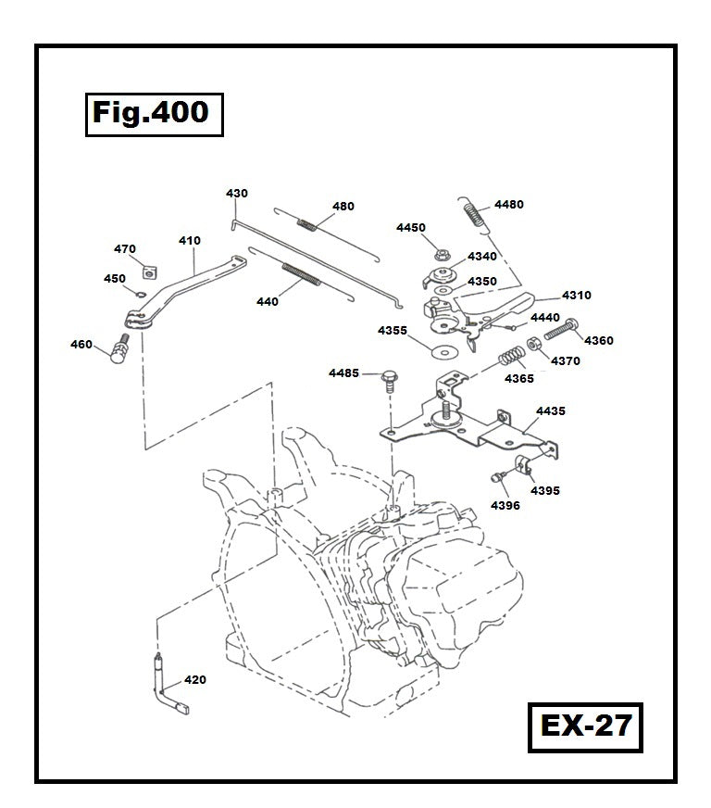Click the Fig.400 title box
[154, 115]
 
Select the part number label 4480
[508, 205]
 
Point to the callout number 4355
[392, 331]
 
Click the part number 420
[194, 680]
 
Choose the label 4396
[505, 506]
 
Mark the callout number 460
[81, 345]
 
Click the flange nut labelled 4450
[439, 250]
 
